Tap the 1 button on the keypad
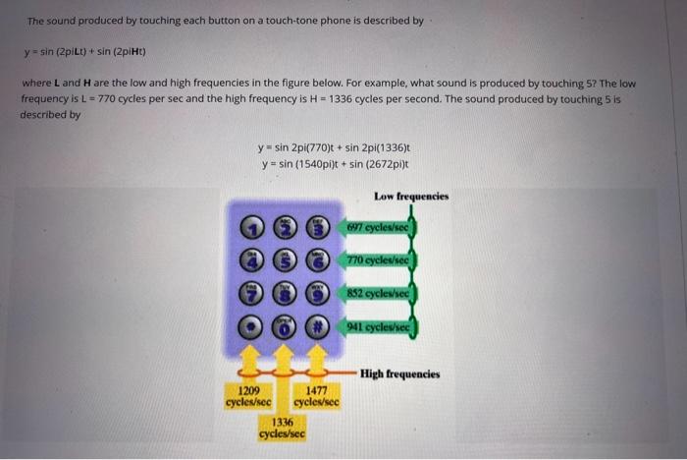pos(252,229)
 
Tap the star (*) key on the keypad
pos(252,324)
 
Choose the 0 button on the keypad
pos(285,324)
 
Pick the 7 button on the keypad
pos(252,292)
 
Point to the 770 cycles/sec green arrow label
pos(379,260)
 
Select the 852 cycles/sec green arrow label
pos(379,293)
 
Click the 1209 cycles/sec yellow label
pos(248,396)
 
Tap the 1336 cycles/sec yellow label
pos(283,427)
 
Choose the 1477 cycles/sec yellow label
pos(316,396)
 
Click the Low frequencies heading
pos(411,197)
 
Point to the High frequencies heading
pos(399,374)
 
